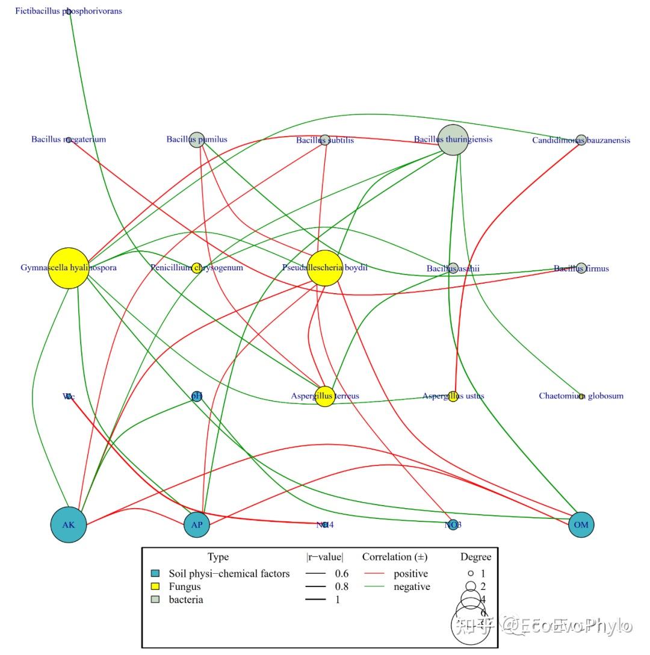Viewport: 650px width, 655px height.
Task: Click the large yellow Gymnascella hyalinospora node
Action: [69, 268]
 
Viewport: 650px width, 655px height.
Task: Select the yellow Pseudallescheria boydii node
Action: [325, 268]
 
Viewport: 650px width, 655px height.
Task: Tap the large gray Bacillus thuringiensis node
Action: [453, 140]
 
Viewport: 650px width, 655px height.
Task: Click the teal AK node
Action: [69, 524]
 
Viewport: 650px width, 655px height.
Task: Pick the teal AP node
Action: [197, 524]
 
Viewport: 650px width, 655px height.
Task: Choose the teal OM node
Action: [581, 524]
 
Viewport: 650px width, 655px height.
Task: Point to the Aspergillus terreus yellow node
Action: [324, 396]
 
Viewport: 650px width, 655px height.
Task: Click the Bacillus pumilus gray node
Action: [196, 140]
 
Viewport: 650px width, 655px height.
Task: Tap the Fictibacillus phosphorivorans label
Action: [69, 11]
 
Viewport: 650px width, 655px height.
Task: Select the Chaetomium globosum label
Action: [581, 396]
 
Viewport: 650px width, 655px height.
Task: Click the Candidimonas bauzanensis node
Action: [581, 140]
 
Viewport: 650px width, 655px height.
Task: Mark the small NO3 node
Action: [453, 524]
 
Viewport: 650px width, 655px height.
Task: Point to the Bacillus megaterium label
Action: [69, 140]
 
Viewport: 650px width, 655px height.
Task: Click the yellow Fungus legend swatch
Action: [155, 586]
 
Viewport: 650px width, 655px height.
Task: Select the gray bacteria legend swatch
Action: [155, 600]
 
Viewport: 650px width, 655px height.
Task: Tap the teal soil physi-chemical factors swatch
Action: [155, 574]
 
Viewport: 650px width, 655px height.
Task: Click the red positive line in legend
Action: [374, 574]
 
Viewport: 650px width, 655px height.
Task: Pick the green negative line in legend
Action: [374, 587]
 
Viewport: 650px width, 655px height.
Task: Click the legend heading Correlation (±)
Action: [394, 557]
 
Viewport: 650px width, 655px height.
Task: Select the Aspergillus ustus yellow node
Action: [453, 396]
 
